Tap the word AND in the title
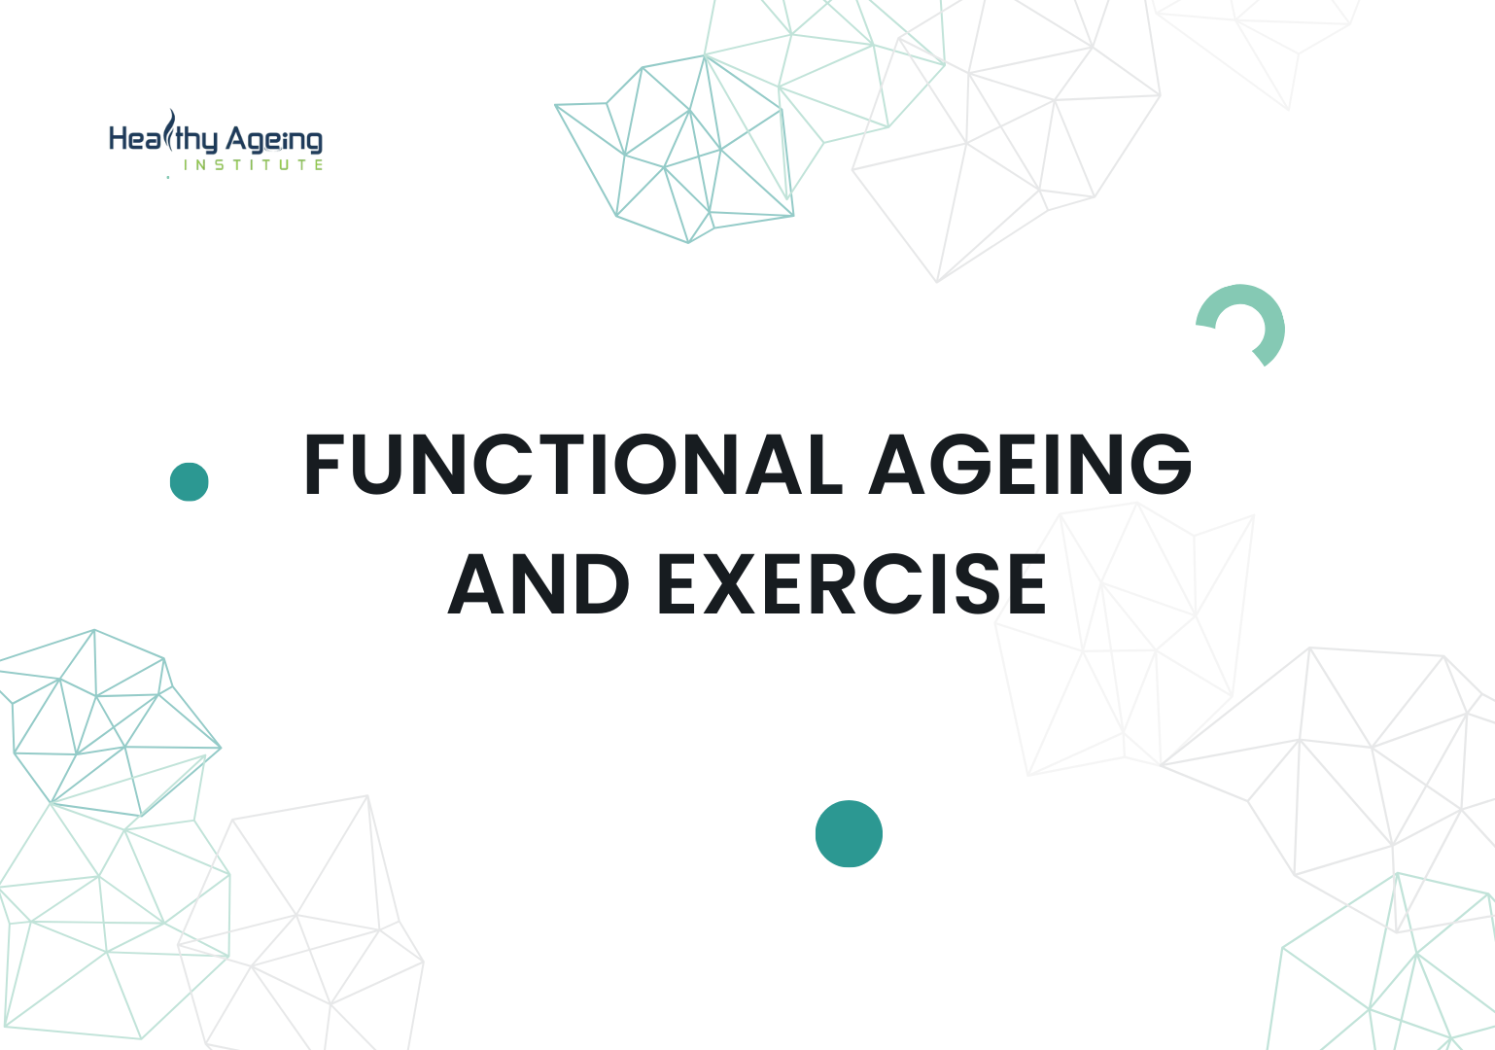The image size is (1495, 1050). [x=539, y=584]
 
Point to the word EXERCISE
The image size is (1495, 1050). [x=852, y=584]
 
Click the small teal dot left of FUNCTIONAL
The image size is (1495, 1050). [x=190, y=481]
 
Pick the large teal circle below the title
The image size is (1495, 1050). [x=849, y=833]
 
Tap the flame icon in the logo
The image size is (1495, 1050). [x=171, y=131]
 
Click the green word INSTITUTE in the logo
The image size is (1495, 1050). [x=254, y=165]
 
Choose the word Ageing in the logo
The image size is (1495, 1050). [x=274, y=141]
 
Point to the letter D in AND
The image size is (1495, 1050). [x=597, y=584]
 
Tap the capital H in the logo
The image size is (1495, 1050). [x=120, y=139]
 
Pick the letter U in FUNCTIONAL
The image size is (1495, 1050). [x=384, y=465]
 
